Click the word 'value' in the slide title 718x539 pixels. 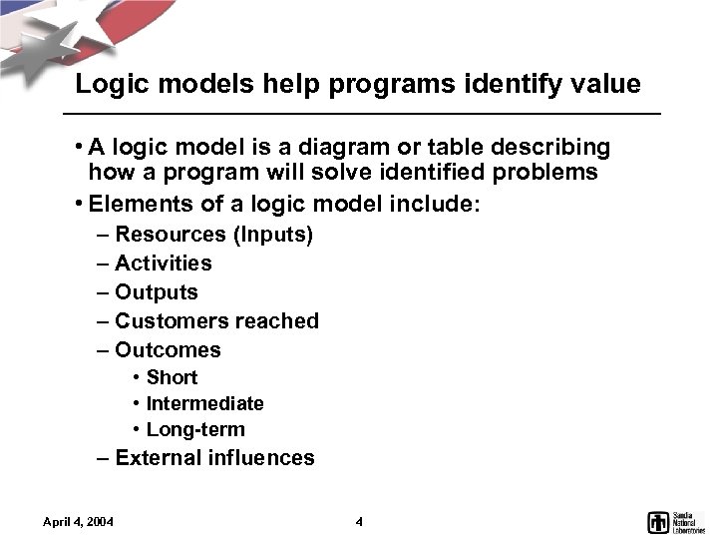tap(603, 85)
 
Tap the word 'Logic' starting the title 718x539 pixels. tap(111, 85)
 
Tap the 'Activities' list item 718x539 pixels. tap(163, 264)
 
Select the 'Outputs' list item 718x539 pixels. tap(156, 292)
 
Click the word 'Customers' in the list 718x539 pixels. tap(171, 321)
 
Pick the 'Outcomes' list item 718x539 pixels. tap(168, 350)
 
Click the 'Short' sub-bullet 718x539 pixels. tap(172, 377)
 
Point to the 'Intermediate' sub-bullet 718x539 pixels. tap(204, 403)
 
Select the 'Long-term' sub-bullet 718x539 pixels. tap(194, 430)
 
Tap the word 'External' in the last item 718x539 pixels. tap(159, 458)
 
